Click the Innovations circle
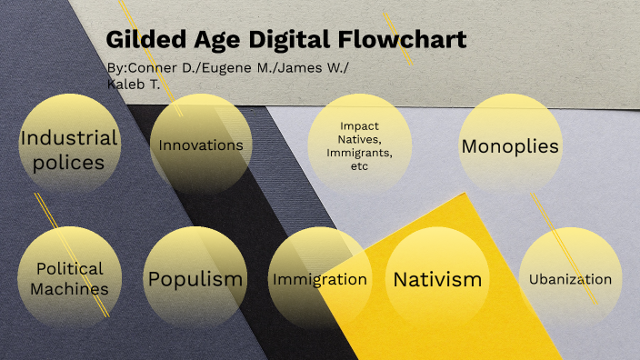(200, 145)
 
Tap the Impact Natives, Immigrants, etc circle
(358, 145)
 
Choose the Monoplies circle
(510, 145)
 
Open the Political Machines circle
(69, 278)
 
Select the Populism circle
(195, 278)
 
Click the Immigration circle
(320, 278)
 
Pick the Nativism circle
(437, 278)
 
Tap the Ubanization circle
(570, 278)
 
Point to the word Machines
(69, 289)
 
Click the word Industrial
(69, 138)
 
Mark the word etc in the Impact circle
(358, 167)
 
